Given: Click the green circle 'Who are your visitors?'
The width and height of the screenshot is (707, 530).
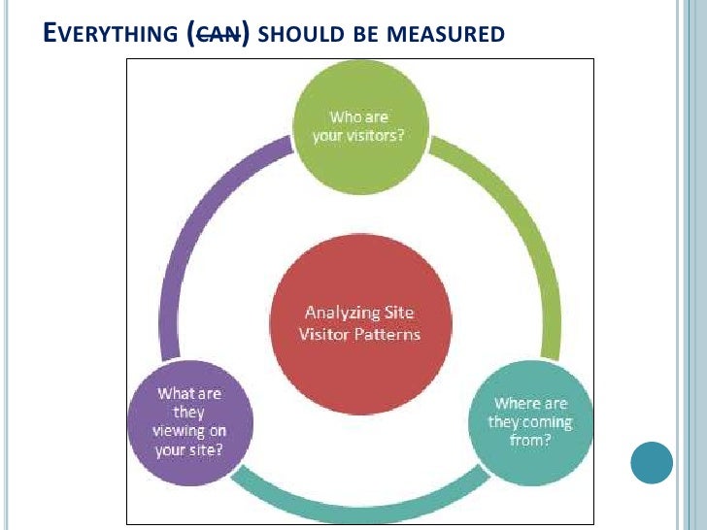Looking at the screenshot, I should pos(358,126).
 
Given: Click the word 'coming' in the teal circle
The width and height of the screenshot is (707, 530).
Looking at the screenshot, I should pos(547,422).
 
